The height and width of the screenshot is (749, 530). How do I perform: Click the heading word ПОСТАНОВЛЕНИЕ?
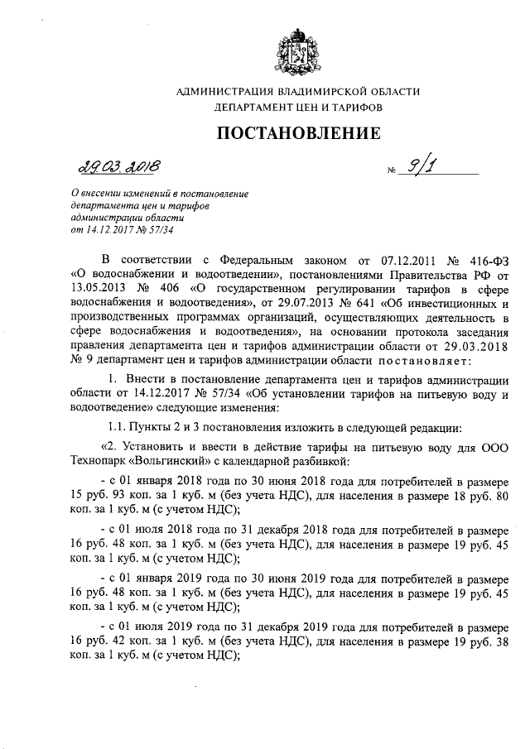click(x=299, y=132)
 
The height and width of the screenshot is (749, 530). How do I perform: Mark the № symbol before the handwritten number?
click(x=388, y=174)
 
